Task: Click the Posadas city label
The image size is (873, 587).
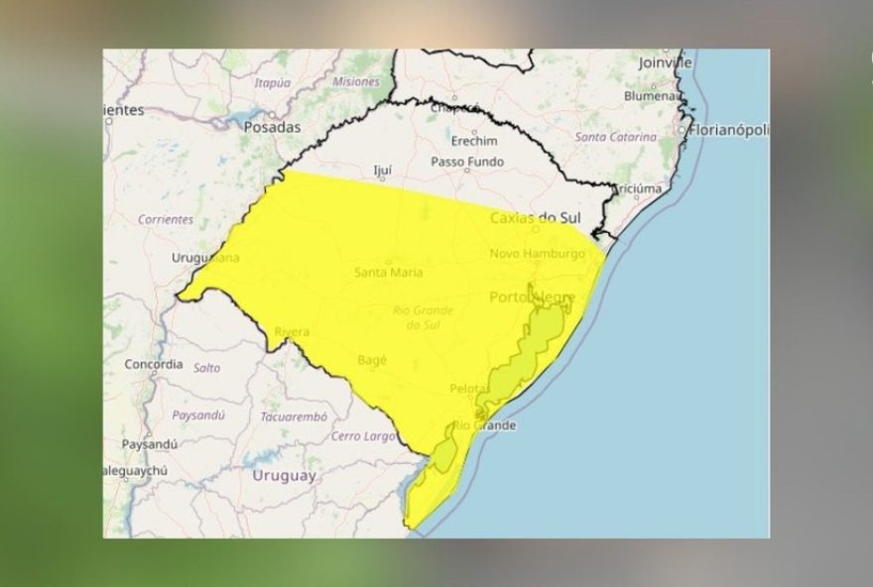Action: [x=271, y=127]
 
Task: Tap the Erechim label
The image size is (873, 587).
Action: [x=475, y=141]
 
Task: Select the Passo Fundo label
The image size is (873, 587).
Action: [x=467, y=162]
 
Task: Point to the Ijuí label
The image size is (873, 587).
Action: [x=382, y=171]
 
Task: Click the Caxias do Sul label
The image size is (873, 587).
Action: [x=536, y=216]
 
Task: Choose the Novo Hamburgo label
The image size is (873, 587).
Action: [x=537, y=254]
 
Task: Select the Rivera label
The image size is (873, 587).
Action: [x=293, y=331]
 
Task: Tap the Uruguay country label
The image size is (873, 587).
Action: [x=284, y=475]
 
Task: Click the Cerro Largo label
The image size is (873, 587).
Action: [x=363, y=436]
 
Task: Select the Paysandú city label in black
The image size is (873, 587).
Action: [x=149, y=443]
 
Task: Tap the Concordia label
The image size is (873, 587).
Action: [x=153, y=364]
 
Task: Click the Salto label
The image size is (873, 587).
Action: [x=207, y=367]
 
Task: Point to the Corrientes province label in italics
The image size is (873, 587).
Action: [x=166, y=219]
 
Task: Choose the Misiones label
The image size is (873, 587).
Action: [x=356, y=81]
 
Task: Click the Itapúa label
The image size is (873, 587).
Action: [x=273, y=83]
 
